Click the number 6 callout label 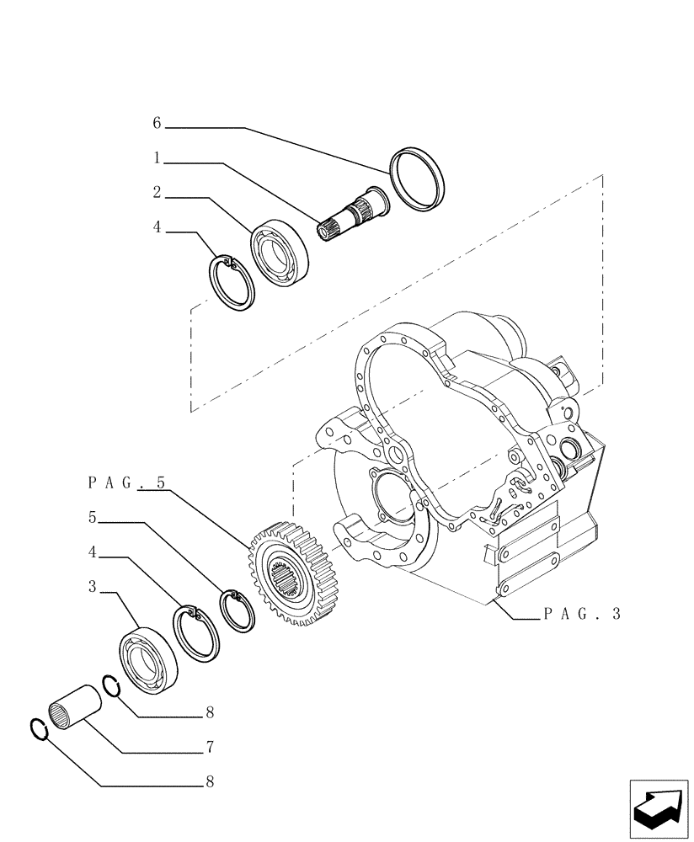pos(157,123)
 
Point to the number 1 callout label pos(157,157)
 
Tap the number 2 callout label pos(157,193)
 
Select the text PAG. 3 pos(581,614)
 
